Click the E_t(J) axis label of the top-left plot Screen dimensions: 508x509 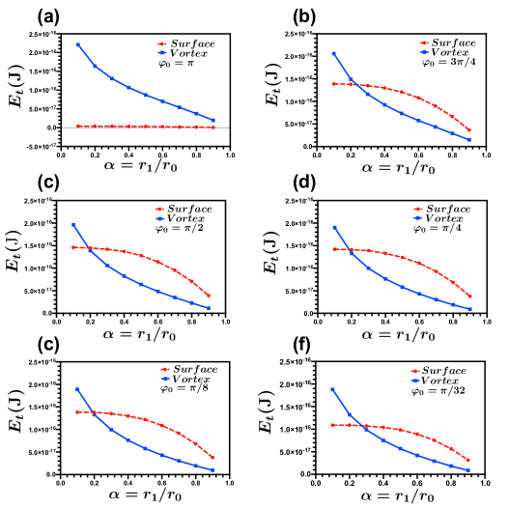tap(16, 86)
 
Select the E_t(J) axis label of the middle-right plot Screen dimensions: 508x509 tap(271, 252)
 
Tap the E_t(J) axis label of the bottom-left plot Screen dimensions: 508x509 tap(15, 410)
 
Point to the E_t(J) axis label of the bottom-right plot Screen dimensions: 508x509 tap(266, 411)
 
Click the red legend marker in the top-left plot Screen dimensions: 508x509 tap(161, 43)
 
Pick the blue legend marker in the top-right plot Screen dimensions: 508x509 tap(424, 52)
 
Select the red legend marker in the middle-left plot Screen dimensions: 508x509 tap(159, 209)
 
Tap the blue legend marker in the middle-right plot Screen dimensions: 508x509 tap(417, 218)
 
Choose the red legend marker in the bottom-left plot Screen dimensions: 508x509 tap(164, 369)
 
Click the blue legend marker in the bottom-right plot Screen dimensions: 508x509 tap(414, 381)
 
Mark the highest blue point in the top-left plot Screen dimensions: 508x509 tap(78, 44)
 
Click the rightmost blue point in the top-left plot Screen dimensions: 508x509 tap(213, 120)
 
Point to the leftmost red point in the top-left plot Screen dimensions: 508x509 tap(78, 126)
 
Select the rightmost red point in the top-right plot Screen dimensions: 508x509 tap(469, 130)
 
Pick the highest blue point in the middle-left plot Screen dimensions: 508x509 tap(73, 225)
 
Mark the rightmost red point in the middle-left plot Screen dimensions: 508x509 tap(209, 296)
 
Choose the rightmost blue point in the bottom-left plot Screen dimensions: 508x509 tap(213, 470)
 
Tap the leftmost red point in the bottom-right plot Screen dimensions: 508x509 tap(332, 425)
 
